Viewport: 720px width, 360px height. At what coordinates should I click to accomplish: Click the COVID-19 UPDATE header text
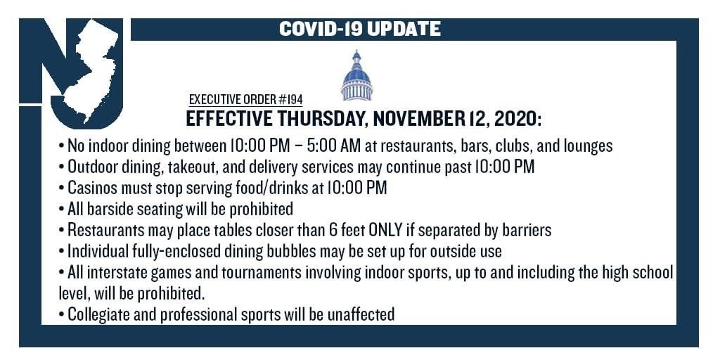[359, 29]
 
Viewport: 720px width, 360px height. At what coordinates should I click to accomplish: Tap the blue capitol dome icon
[356, 75]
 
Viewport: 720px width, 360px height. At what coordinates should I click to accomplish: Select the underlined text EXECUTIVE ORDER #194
[245, 100]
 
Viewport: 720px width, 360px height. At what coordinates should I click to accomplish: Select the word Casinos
[91, 188]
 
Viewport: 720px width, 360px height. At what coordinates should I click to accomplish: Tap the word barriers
[527, 231]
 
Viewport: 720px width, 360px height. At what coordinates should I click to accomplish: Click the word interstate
[113, 272]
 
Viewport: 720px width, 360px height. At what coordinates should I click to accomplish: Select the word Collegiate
[96, 314]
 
